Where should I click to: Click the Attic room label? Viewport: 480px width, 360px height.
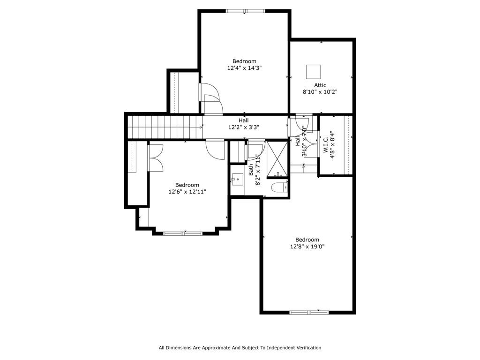point(320,85)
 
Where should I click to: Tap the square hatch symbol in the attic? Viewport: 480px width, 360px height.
point(313,72)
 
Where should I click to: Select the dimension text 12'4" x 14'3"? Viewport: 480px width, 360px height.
point(244,68)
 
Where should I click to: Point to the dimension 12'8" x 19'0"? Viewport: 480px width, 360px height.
point(307,247)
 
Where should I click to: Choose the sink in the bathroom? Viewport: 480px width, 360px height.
point(237,180)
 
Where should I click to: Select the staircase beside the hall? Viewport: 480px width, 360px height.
point(165,127)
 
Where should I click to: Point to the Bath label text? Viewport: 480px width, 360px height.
point(251,170)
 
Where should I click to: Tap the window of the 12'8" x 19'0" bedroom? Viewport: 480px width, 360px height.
point(309,313)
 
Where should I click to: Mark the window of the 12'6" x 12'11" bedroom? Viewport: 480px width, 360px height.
point(183,233)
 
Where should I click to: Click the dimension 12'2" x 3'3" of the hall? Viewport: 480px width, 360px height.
point(244,127)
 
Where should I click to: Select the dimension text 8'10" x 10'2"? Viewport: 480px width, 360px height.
point(320,92)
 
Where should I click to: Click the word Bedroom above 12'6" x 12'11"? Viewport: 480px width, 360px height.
point(187,185)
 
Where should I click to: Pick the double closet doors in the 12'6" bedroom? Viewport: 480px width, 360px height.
point(156,157)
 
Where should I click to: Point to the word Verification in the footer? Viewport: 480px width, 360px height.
point(308,348)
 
